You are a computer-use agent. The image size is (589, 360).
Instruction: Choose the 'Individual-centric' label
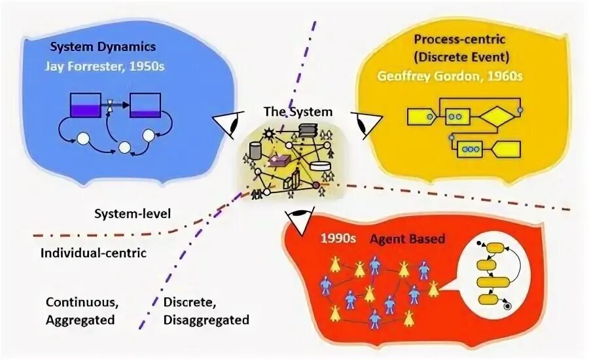pos(94,253)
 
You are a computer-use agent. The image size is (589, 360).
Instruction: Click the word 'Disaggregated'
pos(206,320)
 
